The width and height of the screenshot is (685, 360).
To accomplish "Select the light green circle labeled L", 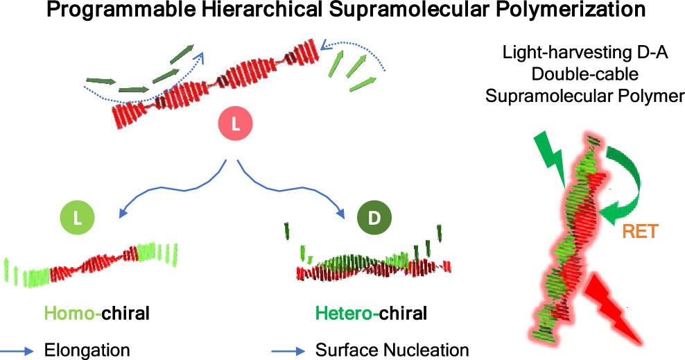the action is (78, 218).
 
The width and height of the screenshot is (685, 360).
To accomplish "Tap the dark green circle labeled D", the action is (374, 218).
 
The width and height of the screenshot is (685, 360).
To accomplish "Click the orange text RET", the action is (640, 232).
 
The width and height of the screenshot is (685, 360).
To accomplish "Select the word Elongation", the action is (87, 350).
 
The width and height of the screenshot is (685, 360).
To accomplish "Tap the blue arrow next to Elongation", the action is (17, 351).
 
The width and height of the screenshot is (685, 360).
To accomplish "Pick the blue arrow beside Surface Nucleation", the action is (288, 351).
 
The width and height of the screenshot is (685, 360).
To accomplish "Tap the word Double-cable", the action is (585, 74).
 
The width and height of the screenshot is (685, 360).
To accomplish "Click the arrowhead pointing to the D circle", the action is (340, 214).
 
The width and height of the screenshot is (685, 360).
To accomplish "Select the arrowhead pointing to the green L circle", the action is (123, 212).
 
